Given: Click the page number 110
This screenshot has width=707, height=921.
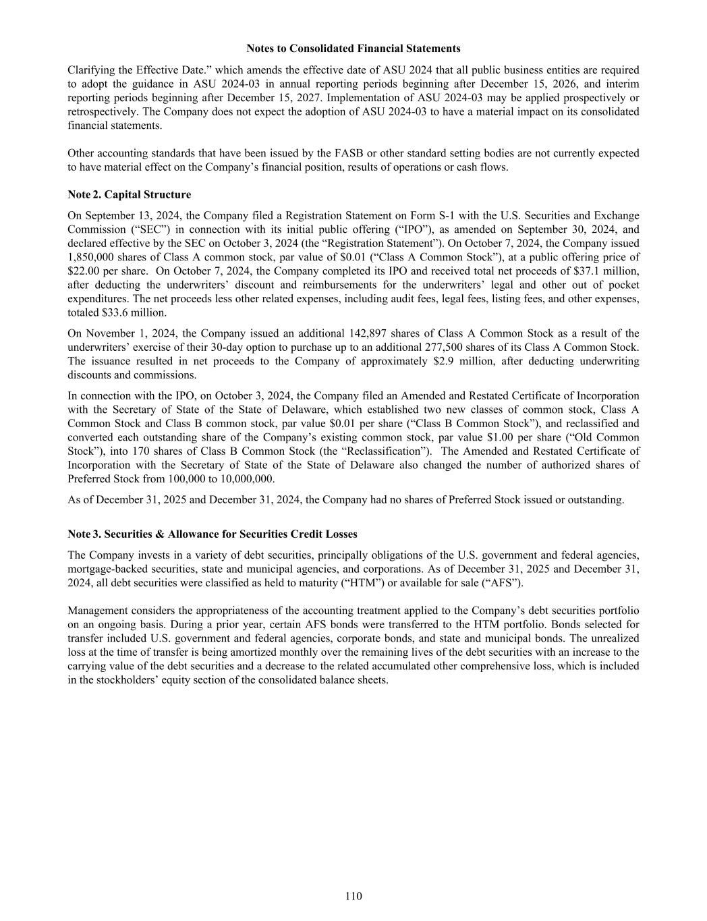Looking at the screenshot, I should tap(353, 896).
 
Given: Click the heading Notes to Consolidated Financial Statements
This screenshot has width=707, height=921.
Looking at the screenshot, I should tap(353, 49).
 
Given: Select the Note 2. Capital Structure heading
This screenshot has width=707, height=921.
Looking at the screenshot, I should tap(130, 194).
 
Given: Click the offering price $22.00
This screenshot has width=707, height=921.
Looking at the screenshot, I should tap(82, 271).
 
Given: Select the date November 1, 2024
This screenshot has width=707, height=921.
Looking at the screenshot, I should tap(126, 333).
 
